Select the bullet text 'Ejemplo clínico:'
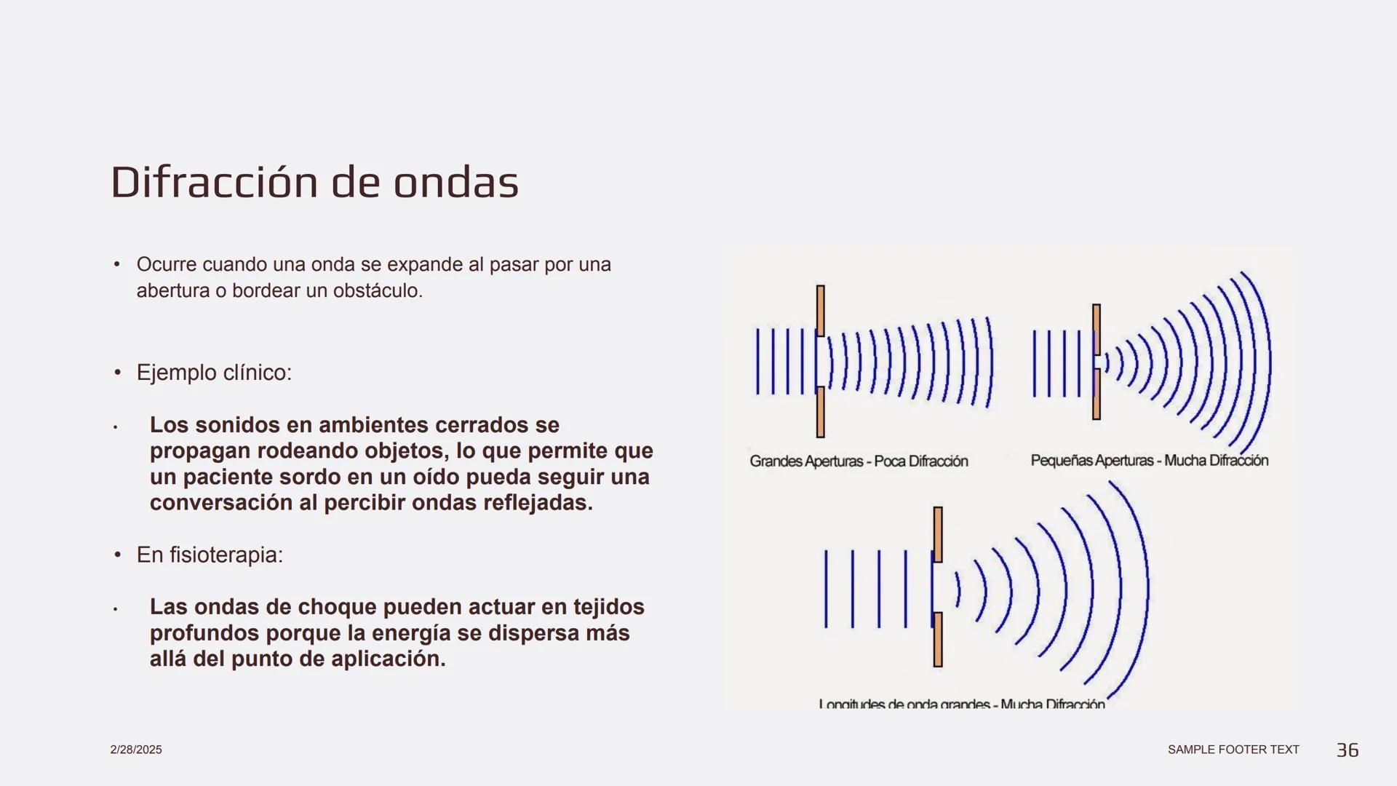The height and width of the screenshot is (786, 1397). click(x=214, y=373)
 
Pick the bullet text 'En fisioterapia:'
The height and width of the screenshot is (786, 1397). click(x=210, y=555)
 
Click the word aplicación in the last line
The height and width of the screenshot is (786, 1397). click(x=389, y=659)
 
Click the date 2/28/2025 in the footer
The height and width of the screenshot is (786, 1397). click(x=136, y=750)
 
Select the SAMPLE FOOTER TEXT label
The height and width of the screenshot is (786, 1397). click(x=1233, y=750)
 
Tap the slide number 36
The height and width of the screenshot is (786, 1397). click(x=1348, y=750)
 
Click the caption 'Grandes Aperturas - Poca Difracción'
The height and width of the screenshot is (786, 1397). click(x=859, y=461)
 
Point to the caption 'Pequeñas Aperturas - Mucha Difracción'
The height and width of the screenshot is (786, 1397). click(x=1150, y=461)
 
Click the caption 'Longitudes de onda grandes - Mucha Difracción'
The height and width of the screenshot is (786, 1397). click(x=962, y=704)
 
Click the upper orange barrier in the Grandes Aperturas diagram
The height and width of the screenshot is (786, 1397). click(x=821, y=310)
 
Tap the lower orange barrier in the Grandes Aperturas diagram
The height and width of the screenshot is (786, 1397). click(x=821, y=412)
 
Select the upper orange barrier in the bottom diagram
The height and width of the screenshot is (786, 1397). click(x=938, y=535)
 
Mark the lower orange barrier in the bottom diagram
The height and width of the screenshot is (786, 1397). click(x=938, y=640)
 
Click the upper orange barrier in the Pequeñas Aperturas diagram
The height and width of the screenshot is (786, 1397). click(x=1096, y=329)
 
